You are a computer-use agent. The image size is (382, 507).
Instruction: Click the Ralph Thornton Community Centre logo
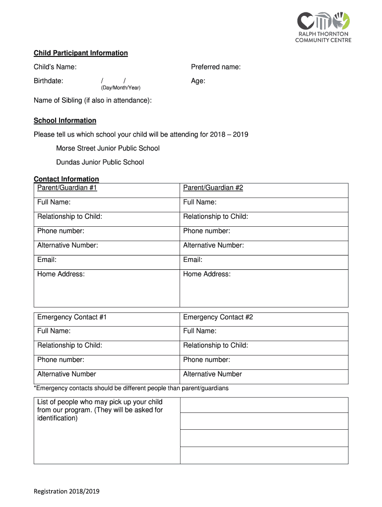323,27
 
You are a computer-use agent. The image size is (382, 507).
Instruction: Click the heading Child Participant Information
81,53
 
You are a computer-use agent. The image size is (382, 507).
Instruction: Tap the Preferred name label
216,67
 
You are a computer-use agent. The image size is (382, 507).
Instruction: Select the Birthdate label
48,81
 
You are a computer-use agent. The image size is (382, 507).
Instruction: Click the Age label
198,81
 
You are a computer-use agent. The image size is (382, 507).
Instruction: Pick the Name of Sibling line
93,101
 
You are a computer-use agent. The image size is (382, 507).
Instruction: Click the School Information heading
65,120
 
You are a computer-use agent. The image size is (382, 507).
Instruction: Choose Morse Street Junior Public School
108,148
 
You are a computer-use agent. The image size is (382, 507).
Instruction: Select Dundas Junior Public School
100,162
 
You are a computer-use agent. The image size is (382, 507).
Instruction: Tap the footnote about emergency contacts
131,388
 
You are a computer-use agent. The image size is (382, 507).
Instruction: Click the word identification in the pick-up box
58,418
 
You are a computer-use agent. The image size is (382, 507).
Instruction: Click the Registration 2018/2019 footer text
66,491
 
